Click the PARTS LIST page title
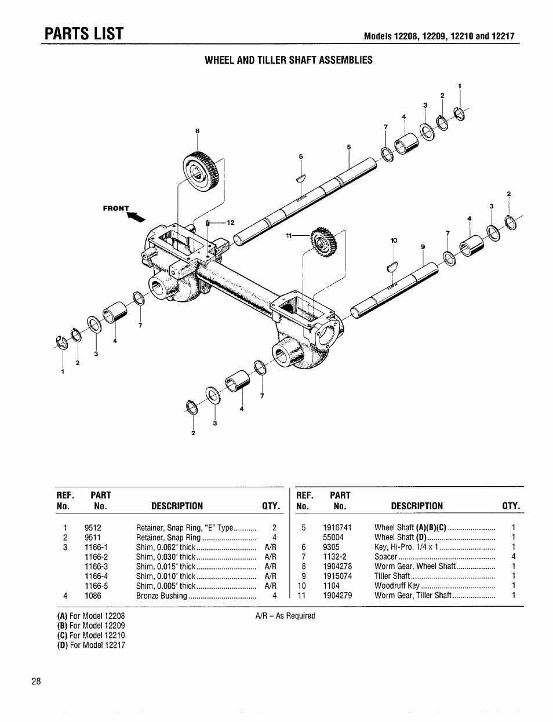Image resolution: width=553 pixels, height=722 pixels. point(85,34)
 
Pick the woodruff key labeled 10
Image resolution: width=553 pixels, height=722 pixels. point(392,266)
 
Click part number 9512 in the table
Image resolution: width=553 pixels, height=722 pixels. point(93,528)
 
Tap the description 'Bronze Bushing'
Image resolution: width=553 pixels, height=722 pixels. point(162,596)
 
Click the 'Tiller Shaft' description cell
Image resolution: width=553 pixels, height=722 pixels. point(392,576)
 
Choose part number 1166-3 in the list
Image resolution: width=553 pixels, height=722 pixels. point(96,567)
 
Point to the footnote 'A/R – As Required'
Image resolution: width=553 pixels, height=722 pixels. point(285,616)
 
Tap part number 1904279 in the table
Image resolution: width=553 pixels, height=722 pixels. point(337,596)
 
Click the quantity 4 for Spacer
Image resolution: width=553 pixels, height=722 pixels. point(514,557)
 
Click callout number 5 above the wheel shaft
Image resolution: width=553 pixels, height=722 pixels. point(349,147)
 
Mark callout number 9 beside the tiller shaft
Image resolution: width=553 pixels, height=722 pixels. point(423,247)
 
